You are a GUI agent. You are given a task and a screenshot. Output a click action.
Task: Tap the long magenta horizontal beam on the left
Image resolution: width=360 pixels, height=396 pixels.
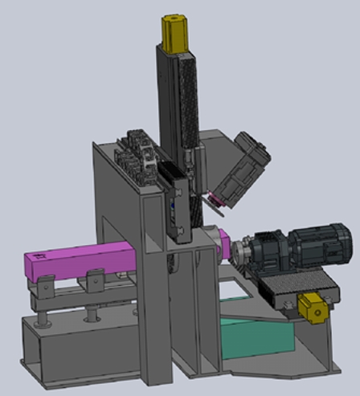(76, 261)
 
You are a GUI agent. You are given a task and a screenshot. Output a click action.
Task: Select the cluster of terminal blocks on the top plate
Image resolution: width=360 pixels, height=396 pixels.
(137, 153)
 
